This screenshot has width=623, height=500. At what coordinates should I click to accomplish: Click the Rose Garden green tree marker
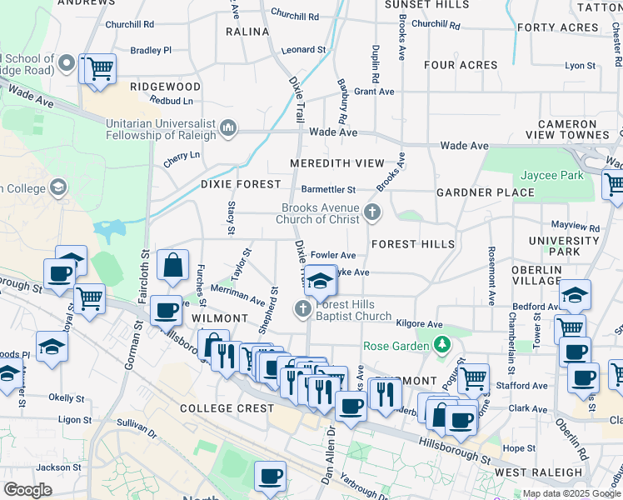(442, 345)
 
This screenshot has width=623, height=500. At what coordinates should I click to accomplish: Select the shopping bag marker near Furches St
(172, 267)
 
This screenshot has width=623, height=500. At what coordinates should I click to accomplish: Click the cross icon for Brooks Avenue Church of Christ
(372, 213)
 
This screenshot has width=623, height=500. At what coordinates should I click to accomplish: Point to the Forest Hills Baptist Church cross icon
(303, 310)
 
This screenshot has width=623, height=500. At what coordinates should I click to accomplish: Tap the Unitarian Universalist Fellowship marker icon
(228, 129)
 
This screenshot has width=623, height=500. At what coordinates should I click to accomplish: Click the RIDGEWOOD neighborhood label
(165, 87)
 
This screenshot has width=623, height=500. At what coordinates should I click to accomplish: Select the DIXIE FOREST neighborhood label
(237, 184)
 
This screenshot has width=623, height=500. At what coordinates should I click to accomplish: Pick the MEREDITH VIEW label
(337, 163)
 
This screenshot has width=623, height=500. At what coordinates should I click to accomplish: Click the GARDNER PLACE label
(486, 192)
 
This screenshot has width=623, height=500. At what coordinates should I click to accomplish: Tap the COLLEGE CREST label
(227, 408)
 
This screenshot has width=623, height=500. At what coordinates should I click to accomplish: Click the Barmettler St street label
(328, 190)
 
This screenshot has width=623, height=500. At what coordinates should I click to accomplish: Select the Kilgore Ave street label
(420, 324)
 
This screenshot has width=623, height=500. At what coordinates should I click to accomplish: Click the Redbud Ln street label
(171, 101)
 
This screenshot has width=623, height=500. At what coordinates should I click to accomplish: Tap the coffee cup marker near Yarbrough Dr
(270, 476)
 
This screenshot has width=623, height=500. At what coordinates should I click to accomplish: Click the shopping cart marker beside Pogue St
(473, 377)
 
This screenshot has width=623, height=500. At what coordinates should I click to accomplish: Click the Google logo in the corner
(27, 490)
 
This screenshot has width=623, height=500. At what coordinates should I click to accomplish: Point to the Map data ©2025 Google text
(571, 493)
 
